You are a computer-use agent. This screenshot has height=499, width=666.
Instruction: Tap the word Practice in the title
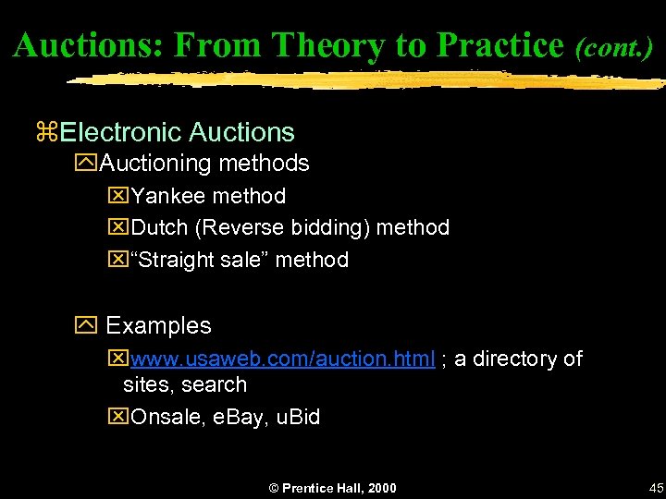499,44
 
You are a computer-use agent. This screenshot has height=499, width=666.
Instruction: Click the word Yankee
168,196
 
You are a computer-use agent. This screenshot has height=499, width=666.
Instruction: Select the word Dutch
159,227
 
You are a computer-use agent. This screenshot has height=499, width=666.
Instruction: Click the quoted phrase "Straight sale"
201,260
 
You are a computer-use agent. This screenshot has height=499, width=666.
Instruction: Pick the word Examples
158,326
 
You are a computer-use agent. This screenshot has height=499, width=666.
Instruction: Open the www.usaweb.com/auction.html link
283,359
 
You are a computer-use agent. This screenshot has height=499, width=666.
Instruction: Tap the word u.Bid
298,417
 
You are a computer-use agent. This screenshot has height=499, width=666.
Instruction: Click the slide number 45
656,488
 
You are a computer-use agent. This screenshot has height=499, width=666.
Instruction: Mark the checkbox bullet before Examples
87,326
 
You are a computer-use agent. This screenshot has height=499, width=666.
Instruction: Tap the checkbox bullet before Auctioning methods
86,164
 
